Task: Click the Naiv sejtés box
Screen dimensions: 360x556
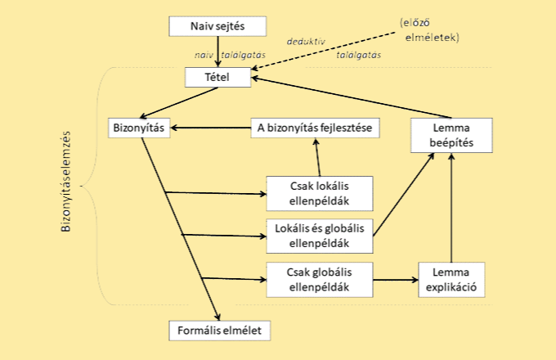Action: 218,25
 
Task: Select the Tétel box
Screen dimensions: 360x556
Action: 218,77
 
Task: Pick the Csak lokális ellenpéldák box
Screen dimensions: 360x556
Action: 320,193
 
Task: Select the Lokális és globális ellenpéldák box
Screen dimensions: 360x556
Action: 320,235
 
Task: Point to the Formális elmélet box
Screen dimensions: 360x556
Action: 218,331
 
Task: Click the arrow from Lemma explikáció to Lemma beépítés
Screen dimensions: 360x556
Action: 451,209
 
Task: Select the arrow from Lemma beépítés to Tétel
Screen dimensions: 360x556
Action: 352,97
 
